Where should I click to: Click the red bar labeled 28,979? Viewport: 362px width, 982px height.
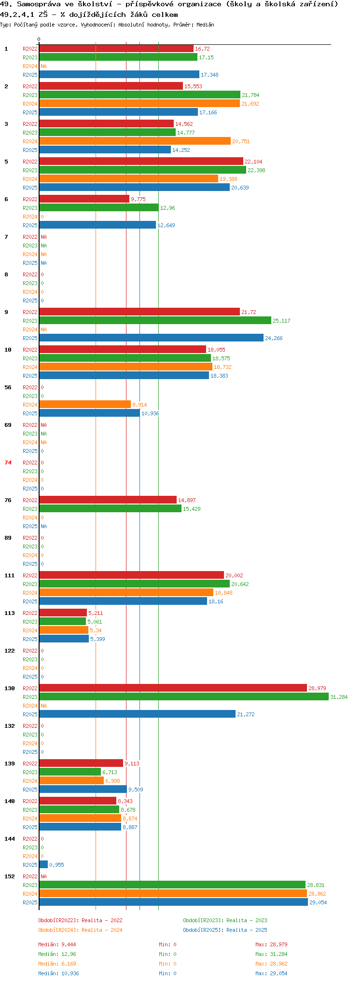pyautogui.click(x=173, y=688)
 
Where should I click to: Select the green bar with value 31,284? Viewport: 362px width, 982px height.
pyautogui.click(x=184, y=696)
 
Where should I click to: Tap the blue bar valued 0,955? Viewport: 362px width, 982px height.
pyautogui.click(x=43, y=864)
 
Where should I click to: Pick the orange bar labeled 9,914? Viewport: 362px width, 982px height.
pyautogui.click(x=85, y=404)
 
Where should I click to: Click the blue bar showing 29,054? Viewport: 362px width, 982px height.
pyautogui.click(x=174, y=902)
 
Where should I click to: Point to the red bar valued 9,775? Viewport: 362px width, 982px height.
pyautogui.click(x=84, y=199)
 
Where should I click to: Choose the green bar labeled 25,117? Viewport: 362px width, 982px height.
pyautogui.click(x=155, y=320)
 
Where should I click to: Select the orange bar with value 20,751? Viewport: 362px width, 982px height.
pyautogui.click(x=135, y=141)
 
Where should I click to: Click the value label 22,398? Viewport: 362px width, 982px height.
pyautogui.click(x=256, y=170)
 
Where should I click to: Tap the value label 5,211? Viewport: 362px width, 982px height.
pyautogui.click(x=96, y=613)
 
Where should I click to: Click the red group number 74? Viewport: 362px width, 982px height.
pyautogui.click(x=8, y=463)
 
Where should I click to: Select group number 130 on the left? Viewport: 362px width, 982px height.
pyautogui.click(x=10, y=688)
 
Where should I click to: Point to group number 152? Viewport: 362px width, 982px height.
pyautogui.click(x=10, y=876)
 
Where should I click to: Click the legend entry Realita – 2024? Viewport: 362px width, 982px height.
pyautogui.click(x=102, y=930)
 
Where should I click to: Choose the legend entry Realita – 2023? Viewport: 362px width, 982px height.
pyautogui.click(x=247, y=920)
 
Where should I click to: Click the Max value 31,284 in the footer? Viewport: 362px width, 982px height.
pyautogui.click(x=278, y=954)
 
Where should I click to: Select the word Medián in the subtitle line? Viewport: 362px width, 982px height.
pyautogui.click(x=206, y=25)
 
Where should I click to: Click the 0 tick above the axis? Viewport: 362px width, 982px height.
pyautogui.click(x=39, y=39)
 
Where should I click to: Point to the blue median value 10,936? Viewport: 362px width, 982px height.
pyautogui.click(x=70, y=973)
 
